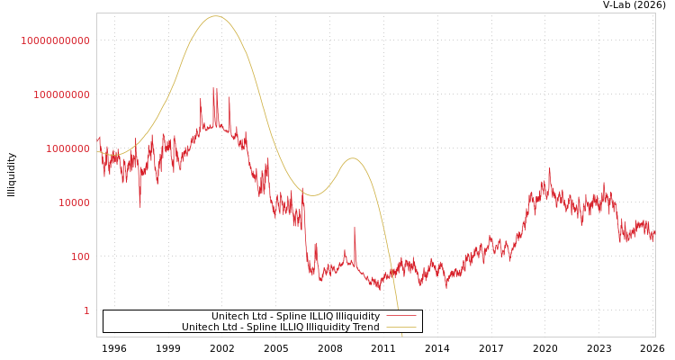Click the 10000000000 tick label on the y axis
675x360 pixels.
[x=56, y=40]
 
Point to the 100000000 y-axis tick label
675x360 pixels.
[x=61, y=94]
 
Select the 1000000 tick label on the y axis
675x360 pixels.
[x=67, y=148]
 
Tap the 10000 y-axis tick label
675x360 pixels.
[x=74, y=202]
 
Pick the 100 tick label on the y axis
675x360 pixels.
[x=79, y=256]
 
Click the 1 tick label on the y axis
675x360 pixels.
[x=86, y=310]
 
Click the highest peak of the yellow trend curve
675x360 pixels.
[x=215, y=16]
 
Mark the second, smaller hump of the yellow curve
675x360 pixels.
[x=353, y=158]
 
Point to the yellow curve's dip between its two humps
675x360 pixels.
[x=312, y=195]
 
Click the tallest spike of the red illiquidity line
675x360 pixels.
[x=213, y=87]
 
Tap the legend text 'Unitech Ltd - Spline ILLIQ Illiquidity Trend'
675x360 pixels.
[x=280, y=328]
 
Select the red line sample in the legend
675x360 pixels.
[x=400, y=317]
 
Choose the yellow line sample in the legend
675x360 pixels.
[x=400, y=328]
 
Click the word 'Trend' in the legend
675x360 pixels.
[x=364, y=328]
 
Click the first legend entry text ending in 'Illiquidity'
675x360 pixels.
[x=295, y=317]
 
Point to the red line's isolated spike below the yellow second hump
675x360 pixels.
[x=355, y=228]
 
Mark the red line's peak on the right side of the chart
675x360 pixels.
[x=550, y=168]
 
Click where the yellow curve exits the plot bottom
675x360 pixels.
[x=401, y=336]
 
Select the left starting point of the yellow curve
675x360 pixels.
[x=98, y=151]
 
